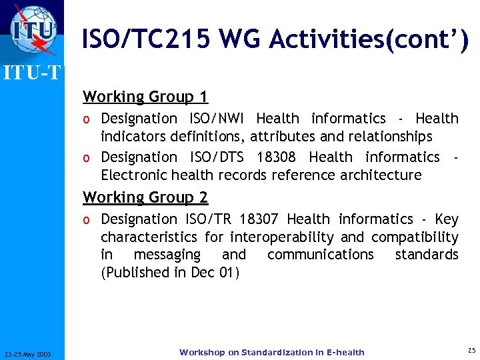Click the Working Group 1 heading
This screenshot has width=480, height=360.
pyautogui.click(x=145, y=97)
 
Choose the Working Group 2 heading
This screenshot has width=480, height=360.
pyautogui.click(x=145, y=197)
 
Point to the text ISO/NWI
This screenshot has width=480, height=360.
pyautogui.click(x=217, y=119)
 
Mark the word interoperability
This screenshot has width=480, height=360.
pyautogui.click(x=281, y=237)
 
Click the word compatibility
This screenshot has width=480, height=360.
pyautogui.click(x=415, y=237)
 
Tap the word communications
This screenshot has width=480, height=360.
pyautogui.click(x=321, y=255)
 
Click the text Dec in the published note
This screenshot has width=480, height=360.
pyautogui.click(x=203, y=273)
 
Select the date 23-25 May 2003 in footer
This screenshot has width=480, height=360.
pyautogui.click(x=32, y=353)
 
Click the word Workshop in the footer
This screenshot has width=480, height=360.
pyautogui.click(x=202, y=353)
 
